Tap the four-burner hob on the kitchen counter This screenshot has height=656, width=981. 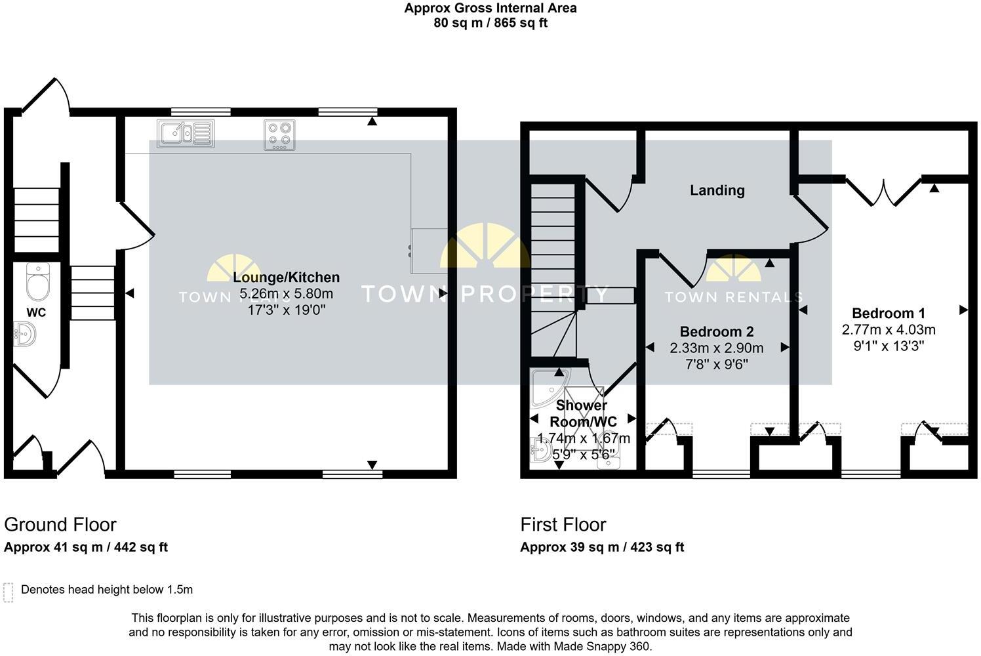pos(279,134)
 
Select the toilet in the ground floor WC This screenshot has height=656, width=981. pos(37,281)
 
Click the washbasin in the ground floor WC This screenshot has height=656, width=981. pos(25,335)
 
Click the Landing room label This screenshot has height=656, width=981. pos(717,190)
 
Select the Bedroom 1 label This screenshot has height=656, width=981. pos(888,314)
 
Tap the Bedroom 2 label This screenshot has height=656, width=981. pos(716,332)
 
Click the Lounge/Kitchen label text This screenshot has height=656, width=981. pos(286,277)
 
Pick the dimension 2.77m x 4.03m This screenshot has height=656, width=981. pos(888,330)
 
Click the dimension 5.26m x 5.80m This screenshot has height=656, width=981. pos(286,293)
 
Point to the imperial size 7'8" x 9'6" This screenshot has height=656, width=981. pos(716,364)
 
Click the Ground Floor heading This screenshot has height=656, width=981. pos(60,525)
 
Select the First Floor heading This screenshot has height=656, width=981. pos(563,525)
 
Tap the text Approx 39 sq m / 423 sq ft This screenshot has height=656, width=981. pos(601,547)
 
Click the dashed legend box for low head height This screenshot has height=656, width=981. pos(9,592)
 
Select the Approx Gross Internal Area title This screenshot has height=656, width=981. pos(490,9)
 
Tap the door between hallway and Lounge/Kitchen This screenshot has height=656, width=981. pos(136,226)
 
